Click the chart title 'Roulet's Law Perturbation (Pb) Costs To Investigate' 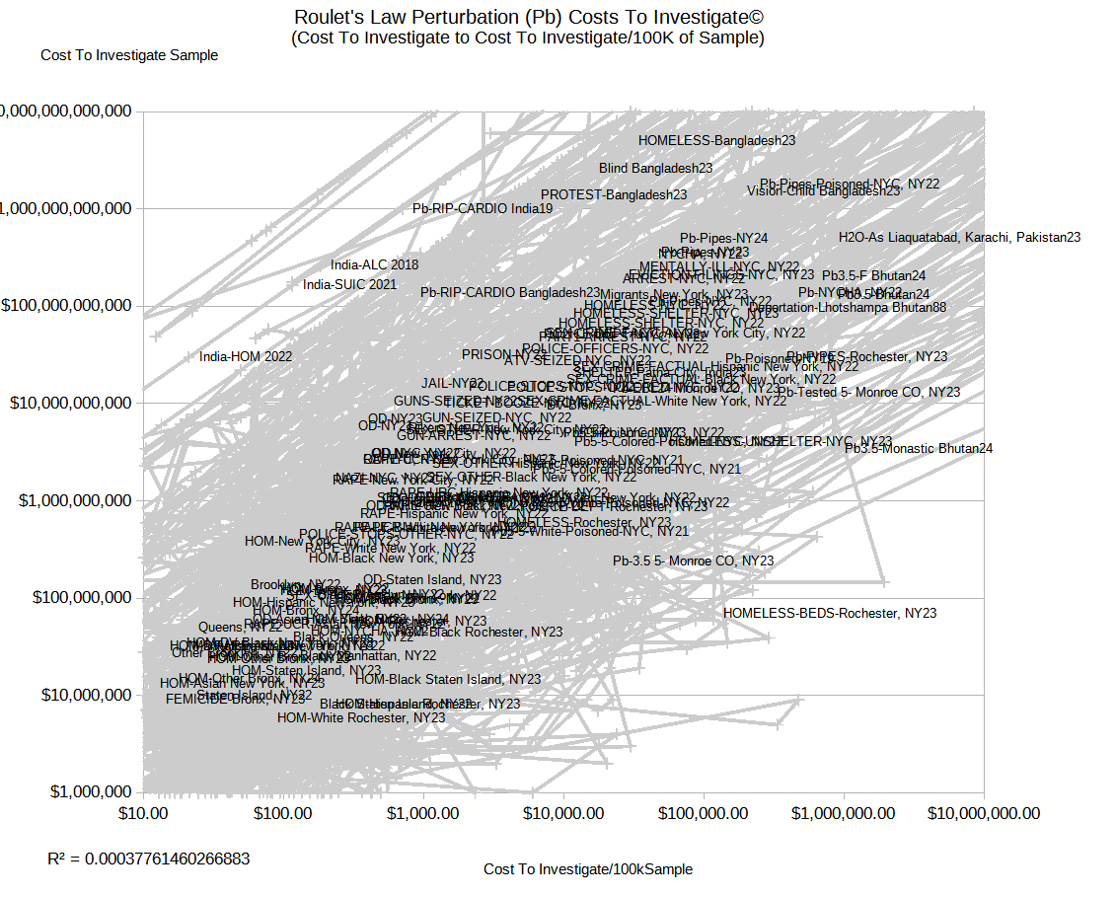click(528, 17)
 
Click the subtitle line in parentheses click(528, 38)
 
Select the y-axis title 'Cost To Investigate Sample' click(129, 55)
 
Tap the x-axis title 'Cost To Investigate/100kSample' click(588, 869)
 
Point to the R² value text click(149, 859)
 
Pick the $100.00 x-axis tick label click(283, 814)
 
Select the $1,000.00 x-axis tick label click(424, 814)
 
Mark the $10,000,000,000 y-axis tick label click(68, 403)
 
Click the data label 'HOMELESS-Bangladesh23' click(717, 141)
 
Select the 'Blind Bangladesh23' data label click(656, 169)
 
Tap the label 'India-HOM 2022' click(246, 357)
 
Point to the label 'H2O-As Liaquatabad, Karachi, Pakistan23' click(960, 238)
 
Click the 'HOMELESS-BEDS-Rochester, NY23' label click(830, 613)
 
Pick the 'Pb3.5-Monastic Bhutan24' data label click(919, 449)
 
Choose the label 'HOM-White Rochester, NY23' click(361, 718)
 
